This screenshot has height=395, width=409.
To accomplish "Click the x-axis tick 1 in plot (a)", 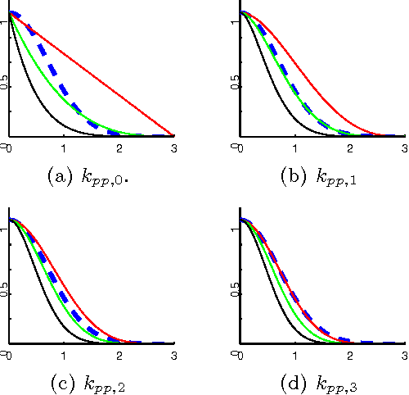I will pos(64,148).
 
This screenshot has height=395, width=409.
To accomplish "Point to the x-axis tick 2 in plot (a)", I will pos(119,148).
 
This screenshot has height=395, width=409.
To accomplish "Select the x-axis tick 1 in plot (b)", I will pos(294,148).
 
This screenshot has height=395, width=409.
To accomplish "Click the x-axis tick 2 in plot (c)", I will pos(119,355).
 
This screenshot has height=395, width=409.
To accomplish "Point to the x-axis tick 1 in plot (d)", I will pos(294,355).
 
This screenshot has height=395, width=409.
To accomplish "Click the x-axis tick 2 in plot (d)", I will pos(349,355).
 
